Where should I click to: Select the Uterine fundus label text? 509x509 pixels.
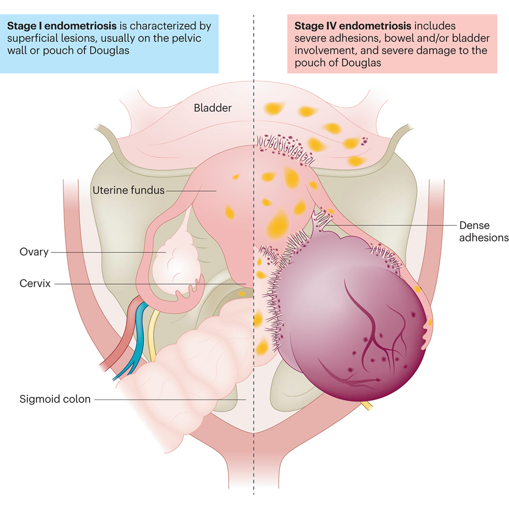tap(128, 190)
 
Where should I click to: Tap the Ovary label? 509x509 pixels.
tap(34, 252)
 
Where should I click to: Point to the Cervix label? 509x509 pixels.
tap(35, 284)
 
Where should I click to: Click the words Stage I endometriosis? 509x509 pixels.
tap(45, 25)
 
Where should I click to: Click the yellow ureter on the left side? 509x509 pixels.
tap(153, 331)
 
